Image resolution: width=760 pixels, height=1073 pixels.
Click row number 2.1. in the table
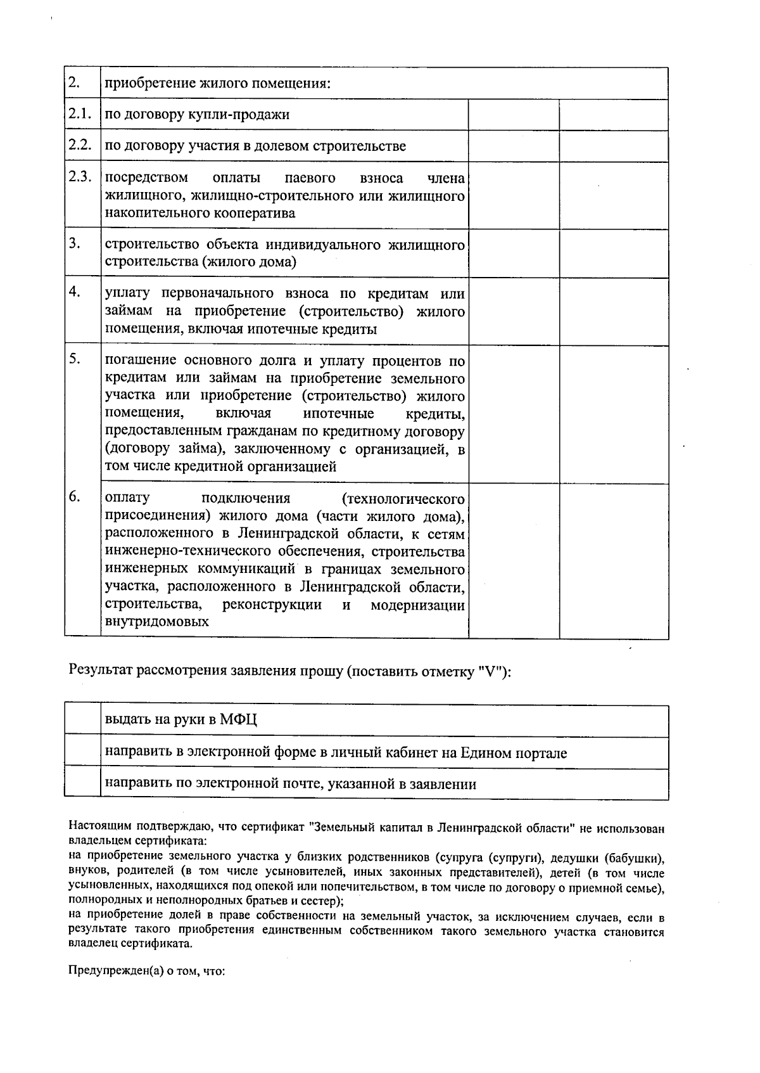pyautogui.click(x=80, y=114)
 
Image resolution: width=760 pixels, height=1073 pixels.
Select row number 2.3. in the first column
pyautogui.click(x=80, y=177)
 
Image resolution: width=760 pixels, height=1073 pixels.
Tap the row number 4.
pyautogui.click(x=75, y=292)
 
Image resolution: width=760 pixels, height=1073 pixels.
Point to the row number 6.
pyautogui.click(x=75, y=497)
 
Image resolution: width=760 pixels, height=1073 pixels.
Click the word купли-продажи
pyautogui.click(x=250, y=115)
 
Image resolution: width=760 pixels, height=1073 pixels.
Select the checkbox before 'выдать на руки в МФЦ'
pyautogui.click(x=82, y=721)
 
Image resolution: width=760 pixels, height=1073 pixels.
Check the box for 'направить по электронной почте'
pyautogui.click(x=82, y=784)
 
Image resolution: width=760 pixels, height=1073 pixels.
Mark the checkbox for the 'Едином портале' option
pyautogui.click(x=82, y=753)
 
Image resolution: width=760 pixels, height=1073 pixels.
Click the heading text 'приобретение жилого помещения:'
pyautogui.click(x=218, y=84)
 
